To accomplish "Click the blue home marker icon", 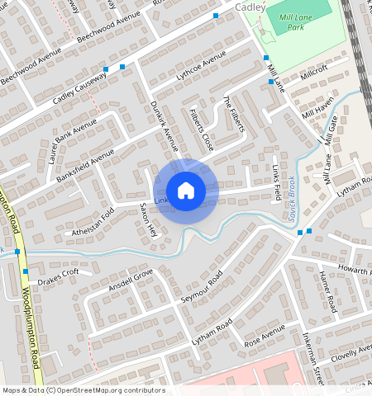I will pos(186,190).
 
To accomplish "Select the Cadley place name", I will pos(251,7).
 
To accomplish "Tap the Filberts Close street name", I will pos(201,129).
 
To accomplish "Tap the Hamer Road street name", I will pos(327,291).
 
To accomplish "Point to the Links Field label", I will pos(276,176).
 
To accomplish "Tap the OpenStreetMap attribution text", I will pos(83,390).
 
